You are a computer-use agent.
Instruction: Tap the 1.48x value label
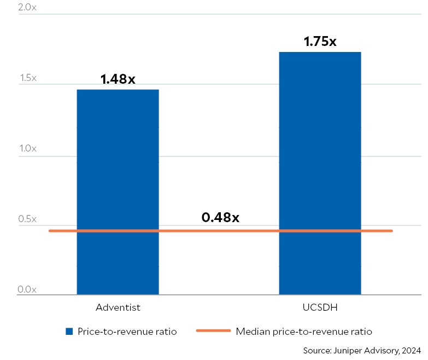point(118,79)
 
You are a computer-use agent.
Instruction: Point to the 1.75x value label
point(320,41)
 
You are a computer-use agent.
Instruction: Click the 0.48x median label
point(220,217)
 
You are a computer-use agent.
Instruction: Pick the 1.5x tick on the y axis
point(27,79)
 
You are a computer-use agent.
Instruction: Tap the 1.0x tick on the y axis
point(27,149)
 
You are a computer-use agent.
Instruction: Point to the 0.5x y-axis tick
point(27,219)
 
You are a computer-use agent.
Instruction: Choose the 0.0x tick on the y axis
point(27,289)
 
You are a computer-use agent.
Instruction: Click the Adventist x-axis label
point(118,307)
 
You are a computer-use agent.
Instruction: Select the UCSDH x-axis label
point(320,307)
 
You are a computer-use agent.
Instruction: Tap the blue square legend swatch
point(69,332)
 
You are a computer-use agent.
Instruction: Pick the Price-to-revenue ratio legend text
point(127,332)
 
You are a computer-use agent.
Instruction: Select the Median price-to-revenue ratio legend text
point(304,332)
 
